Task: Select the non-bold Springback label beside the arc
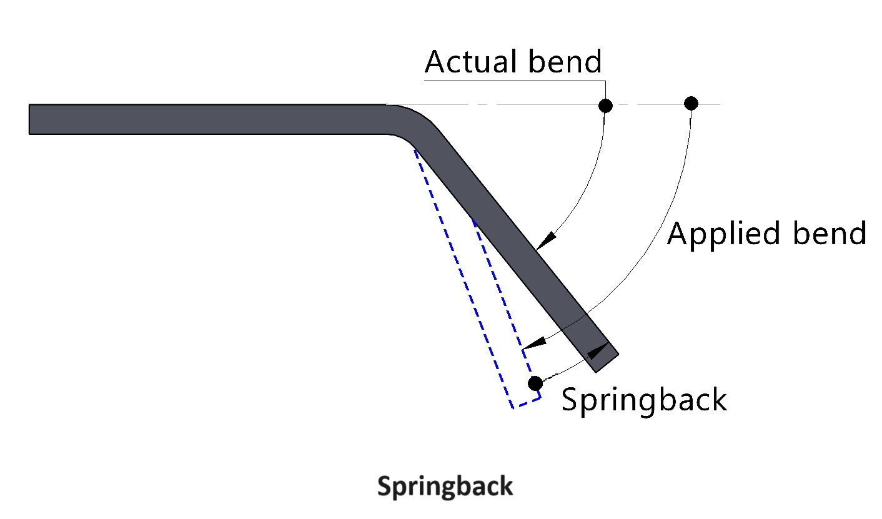644,399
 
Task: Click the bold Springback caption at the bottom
445,486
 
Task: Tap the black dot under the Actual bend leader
605,106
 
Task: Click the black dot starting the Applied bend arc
690,103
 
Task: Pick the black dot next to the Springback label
535,383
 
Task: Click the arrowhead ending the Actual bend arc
545,240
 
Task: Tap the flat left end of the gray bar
30,119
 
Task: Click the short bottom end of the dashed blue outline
527,402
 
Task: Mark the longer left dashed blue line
462,275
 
